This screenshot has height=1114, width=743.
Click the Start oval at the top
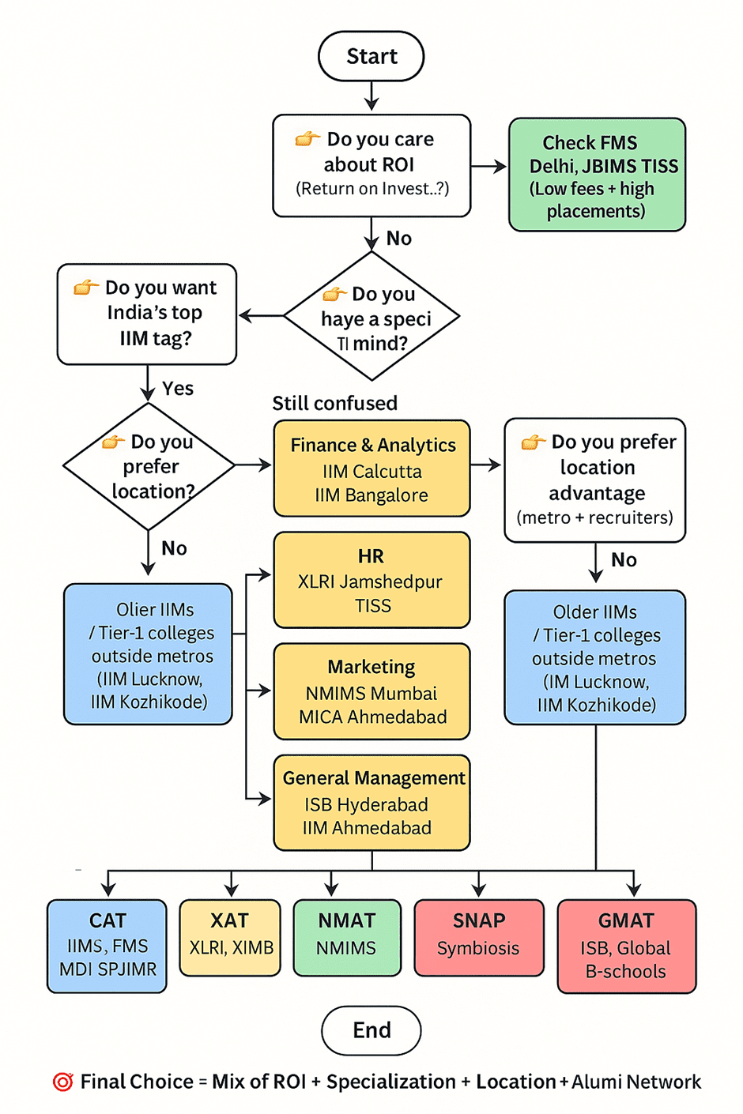371,56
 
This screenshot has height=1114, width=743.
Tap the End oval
371,1029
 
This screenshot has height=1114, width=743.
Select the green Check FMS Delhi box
597,175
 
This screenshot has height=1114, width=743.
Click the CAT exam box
107,945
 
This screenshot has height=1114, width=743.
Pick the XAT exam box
230,937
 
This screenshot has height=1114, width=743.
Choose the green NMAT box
346,937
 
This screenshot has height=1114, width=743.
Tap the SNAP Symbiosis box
479,937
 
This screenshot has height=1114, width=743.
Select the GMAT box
626,945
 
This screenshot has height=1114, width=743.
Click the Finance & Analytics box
372,469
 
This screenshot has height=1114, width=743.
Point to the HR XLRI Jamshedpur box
372,580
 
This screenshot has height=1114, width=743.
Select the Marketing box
372,691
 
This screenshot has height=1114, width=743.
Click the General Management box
372,803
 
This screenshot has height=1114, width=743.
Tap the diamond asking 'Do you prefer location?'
149,466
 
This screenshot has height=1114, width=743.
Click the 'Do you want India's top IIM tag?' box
147,314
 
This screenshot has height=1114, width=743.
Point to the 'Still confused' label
334,403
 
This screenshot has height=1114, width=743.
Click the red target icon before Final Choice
63,1082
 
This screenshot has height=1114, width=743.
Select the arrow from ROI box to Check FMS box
488,167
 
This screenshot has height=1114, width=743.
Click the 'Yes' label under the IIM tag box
178,388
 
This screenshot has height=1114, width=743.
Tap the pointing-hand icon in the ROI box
307,139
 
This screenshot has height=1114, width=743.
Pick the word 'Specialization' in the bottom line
390,1082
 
